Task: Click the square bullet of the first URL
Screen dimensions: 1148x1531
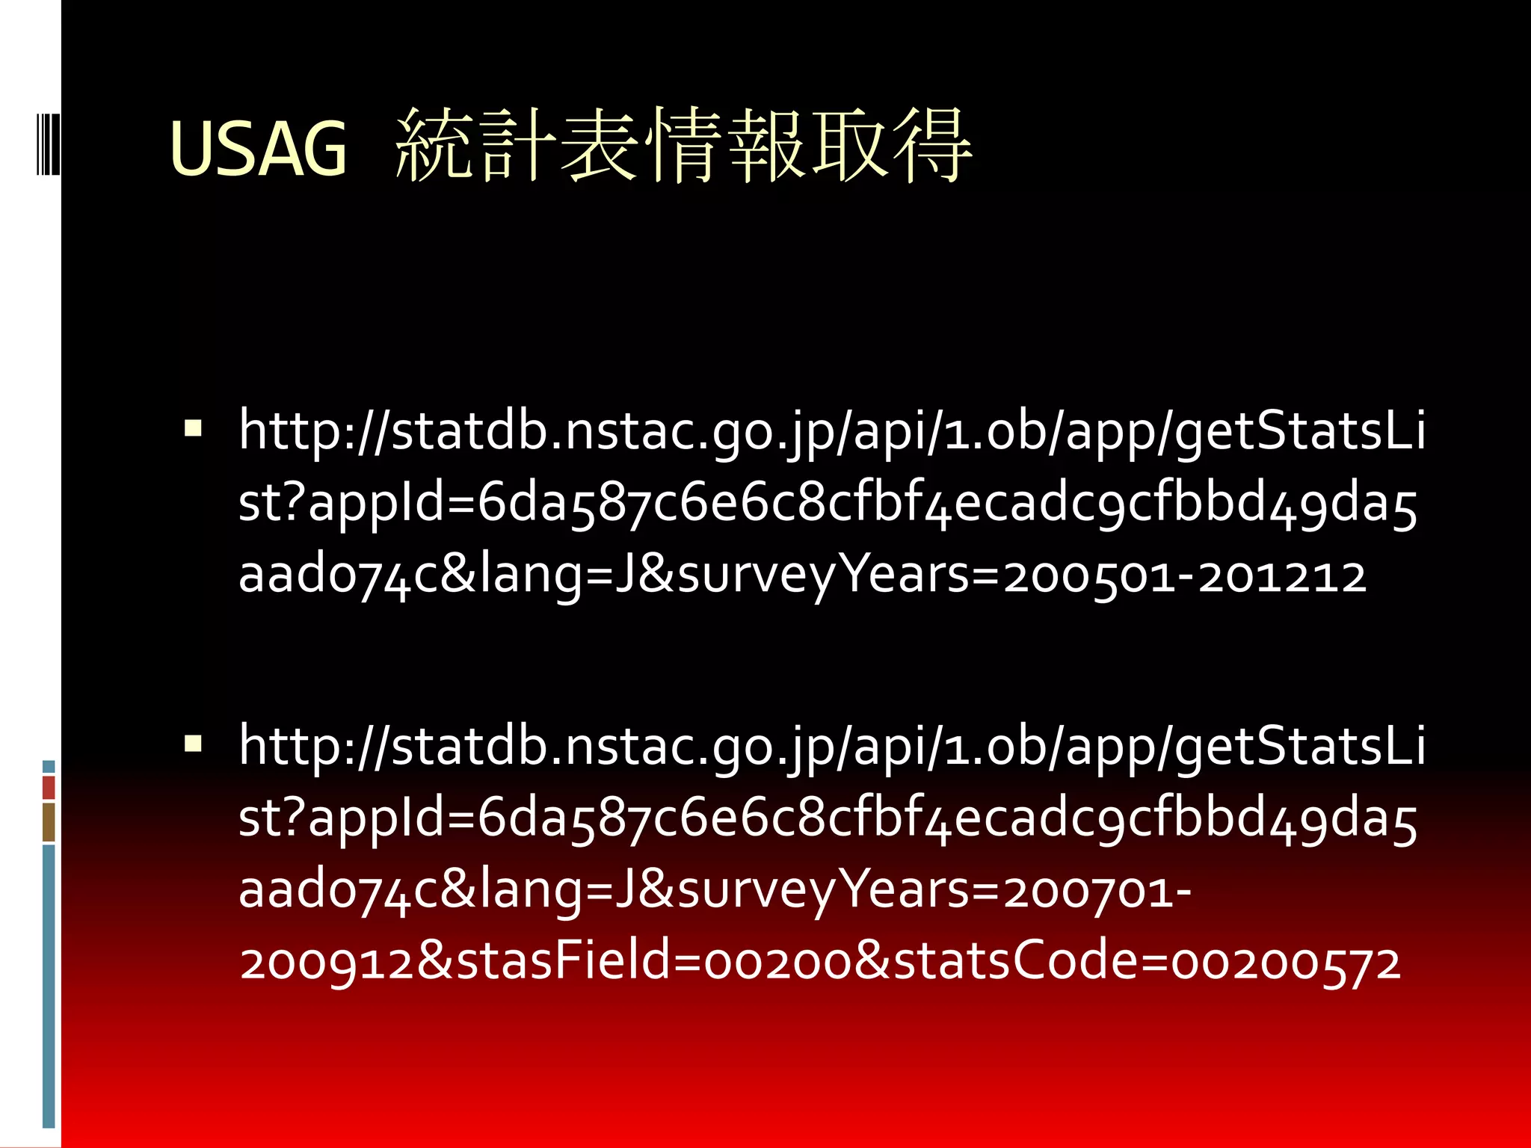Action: [193, 429]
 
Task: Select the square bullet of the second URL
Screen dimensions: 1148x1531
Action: [193, 744]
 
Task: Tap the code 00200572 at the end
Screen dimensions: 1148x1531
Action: [1285, 963]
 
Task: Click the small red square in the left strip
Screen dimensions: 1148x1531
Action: [49, 787]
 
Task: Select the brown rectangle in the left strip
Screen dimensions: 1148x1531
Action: [49, 822]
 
